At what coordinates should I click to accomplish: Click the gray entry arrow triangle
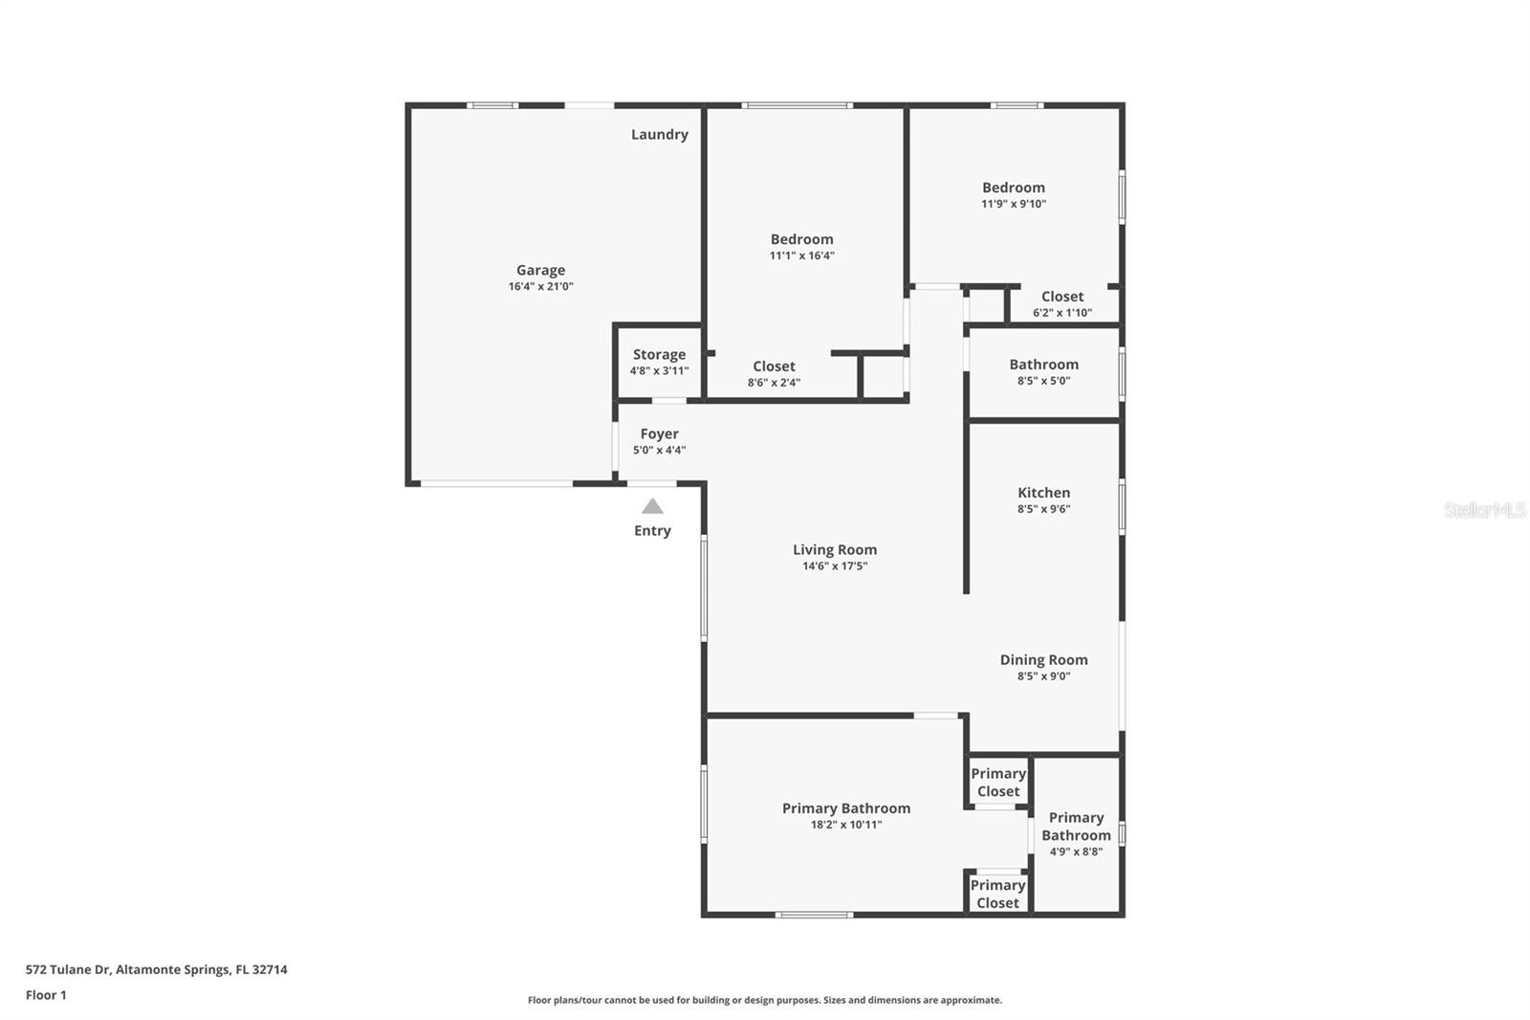click(652, 507)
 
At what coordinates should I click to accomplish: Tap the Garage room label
click(540, 270)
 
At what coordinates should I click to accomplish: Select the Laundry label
click(659, 135)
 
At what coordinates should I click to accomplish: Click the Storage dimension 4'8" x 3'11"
click(659, 371)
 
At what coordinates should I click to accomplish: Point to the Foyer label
click(659, 433)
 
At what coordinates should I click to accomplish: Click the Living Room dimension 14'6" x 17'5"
click(834, 566)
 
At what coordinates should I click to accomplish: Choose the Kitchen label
click(1043, 493)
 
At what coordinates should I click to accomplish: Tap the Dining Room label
click(1043, 659)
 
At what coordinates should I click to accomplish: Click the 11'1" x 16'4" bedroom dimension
click(801, 255)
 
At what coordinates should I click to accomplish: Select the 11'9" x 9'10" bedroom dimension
click(1013, 204)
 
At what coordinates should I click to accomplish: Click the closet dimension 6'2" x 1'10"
click(1061, 313)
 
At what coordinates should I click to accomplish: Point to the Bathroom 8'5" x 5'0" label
click(1043, 365)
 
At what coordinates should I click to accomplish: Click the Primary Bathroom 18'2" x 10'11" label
click(845, 809)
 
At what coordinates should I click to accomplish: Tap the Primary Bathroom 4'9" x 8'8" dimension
click(1076, 852)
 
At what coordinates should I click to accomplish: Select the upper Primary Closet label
click(997, 782)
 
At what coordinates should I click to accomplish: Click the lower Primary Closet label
click(997, 894)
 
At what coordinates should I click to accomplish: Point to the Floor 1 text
click(46, 995)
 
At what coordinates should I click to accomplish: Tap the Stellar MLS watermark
click(1484, 511)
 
